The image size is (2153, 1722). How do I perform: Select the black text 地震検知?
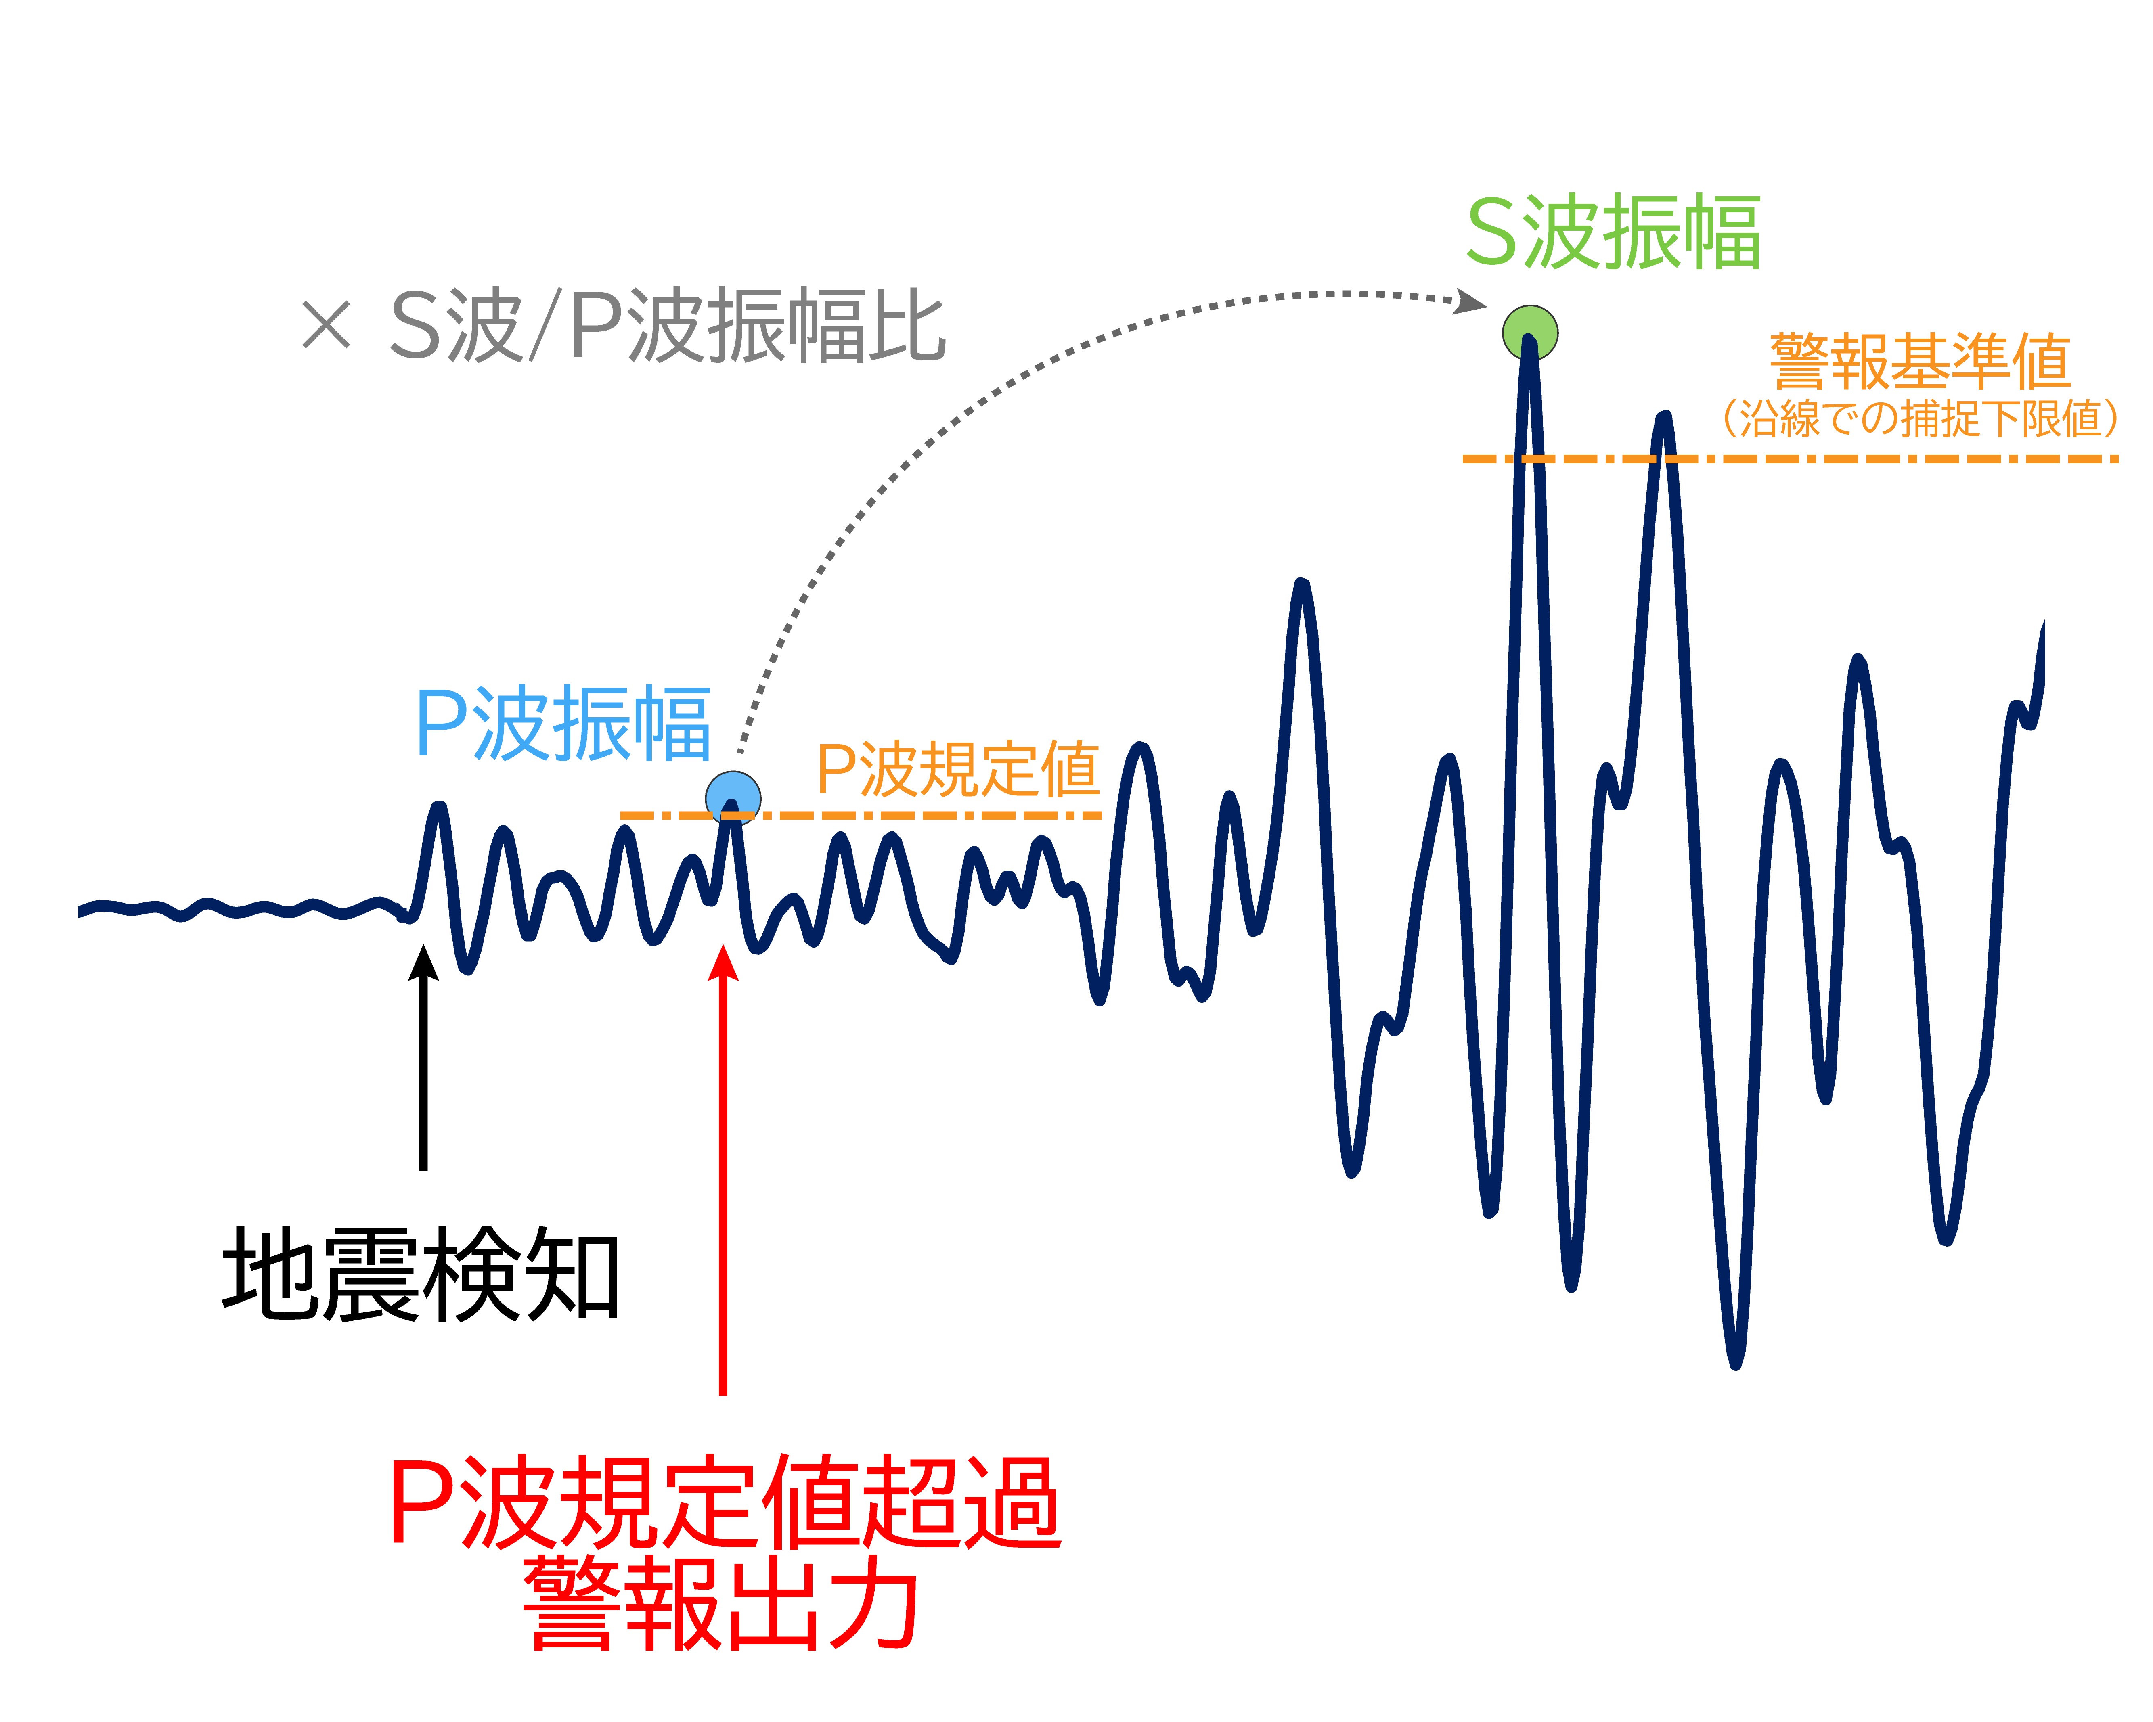click(x=421, y=1275)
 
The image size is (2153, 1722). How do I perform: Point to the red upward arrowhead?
click(x=723, y=963)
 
